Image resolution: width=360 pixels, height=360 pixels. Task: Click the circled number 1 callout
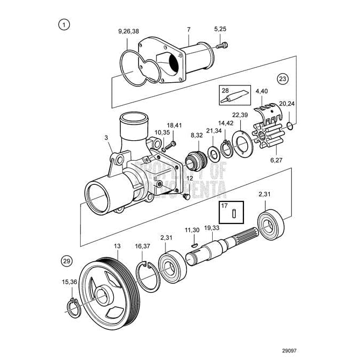pos(64,24)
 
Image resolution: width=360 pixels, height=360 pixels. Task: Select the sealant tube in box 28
pos(234,97)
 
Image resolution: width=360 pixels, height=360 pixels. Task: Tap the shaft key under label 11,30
pos(193,244)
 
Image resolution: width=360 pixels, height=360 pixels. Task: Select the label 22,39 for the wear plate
pos(240,116)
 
